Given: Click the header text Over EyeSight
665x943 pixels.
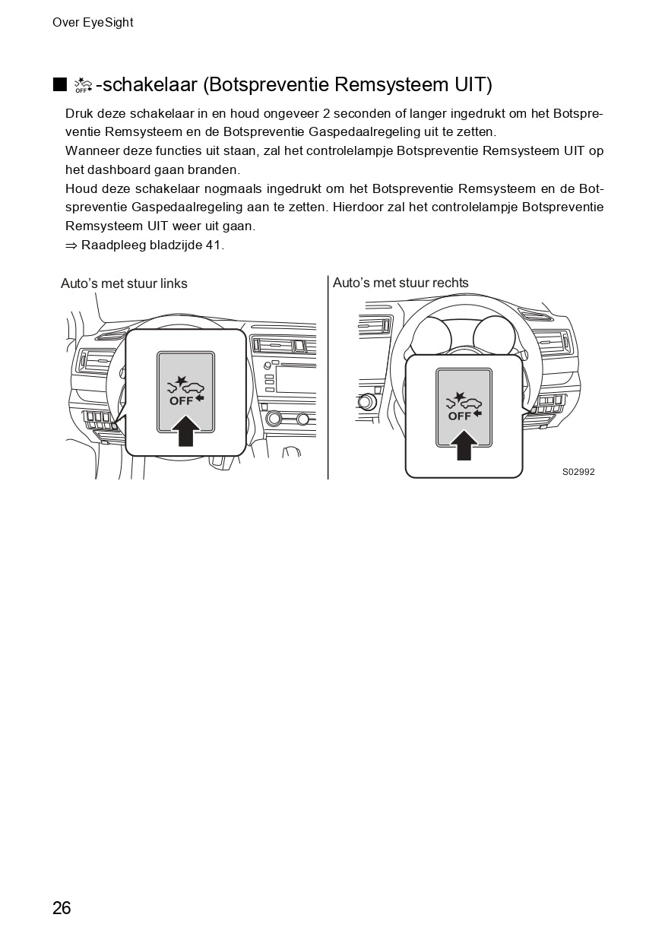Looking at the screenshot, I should click(93, 23).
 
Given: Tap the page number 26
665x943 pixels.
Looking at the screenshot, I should click(62, 908).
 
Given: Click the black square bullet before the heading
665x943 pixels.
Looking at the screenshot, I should click(60, 84).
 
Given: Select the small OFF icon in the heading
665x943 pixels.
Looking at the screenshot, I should click(83, 85).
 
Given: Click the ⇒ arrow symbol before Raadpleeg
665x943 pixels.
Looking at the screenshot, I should click(71, 245).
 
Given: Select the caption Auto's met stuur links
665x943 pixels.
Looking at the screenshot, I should click(124, 283).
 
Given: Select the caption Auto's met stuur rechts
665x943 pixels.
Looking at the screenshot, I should click(401, 283).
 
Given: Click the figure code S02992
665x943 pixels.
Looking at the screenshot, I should click(578, 472).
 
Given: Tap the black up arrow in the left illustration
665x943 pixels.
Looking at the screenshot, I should click(185, 430).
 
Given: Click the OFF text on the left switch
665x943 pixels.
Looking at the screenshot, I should click(181, 401).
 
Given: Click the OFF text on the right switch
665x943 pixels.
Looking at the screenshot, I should click(459, 416).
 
